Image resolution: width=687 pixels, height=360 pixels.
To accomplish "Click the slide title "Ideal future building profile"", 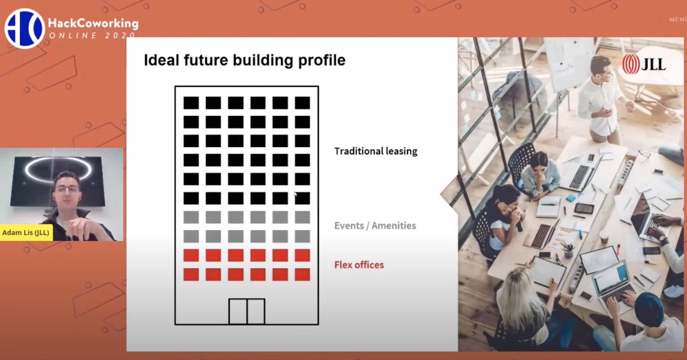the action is click(245, 60).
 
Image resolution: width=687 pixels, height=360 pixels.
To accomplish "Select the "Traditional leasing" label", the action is click(376, 151).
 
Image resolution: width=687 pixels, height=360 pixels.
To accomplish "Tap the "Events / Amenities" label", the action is click(375, 226).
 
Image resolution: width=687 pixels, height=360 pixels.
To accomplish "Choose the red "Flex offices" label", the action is click(359, 265).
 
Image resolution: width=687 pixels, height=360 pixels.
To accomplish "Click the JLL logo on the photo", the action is click(644, 64).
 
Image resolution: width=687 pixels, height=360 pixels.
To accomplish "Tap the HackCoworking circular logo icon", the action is click(24, 28).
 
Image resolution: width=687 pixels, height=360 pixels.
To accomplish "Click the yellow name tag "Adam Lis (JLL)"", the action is click(26, 233).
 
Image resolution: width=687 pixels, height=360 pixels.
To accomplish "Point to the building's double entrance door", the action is click(247, 311).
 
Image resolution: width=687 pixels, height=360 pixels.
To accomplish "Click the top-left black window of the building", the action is click(191, 103).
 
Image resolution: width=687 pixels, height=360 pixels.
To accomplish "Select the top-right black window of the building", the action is click(302, 103).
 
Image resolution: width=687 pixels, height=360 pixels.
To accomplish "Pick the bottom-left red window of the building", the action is click(191, 275).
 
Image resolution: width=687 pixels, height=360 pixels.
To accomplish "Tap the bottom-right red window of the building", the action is click(302, 275).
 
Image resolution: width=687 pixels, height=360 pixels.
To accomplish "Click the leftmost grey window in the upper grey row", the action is click(191, 217).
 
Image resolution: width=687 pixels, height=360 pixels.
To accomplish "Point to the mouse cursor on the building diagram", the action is click(295, 194).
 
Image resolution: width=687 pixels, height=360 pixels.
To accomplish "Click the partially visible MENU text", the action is click(678, 20).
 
